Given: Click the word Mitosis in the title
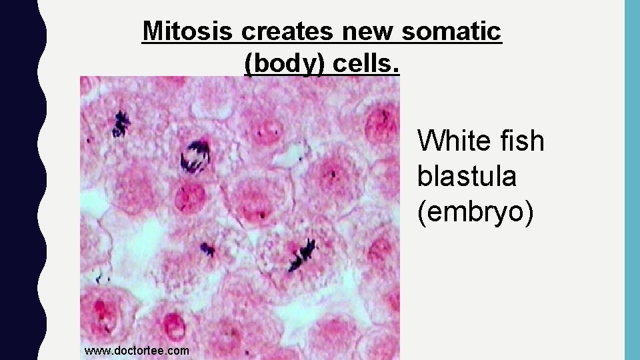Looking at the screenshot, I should (x=189, y=31).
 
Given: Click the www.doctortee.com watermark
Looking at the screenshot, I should (x=137, y=350).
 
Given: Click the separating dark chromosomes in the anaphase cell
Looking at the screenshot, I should (x=194, y=155).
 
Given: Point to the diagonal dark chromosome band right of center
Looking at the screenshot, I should (x=301, y=254).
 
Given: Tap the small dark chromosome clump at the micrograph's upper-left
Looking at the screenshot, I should (x=121, y=123).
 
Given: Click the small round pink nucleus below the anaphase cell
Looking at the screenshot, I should (x=191, y=197).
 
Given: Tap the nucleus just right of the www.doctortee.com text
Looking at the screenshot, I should (x=175, y=327).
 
